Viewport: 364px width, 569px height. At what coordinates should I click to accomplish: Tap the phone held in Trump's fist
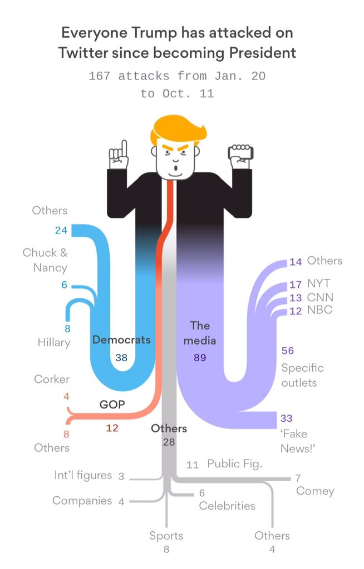[x=242, y=150]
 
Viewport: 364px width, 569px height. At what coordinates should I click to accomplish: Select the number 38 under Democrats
[x=121, y=358]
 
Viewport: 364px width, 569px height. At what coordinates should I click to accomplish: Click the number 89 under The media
[x=200, y=358]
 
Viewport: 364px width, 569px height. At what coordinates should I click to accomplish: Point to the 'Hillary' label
[x=54, y=342]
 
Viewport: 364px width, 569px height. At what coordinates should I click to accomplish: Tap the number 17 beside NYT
[x=296, y=285]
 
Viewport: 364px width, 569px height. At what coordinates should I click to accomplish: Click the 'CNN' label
[x=320, y=297]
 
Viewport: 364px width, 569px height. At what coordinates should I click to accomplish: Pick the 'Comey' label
[x=315, y=491]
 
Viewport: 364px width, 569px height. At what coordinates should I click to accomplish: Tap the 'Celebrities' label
[x=227, y=506]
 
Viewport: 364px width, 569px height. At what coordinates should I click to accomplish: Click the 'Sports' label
[x=166, y=536]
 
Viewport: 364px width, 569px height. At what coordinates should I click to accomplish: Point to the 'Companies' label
[x=82, y=501]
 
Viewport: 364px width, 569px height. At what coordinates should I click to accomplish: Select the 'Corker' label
[x=52, y=380]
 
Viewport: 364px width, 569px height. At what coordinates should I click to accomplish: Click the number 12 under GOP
[x=112, y=428]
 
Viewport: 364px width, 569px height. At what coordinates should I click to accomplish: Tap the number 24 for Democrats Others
[x=61, y=231]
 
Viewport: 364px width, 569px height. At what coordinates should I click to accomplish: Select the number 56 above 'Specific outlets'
[x=288, y=351]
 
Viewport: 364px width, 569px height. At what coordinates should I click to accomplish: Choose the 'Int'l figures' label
[x=83, y=476]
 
